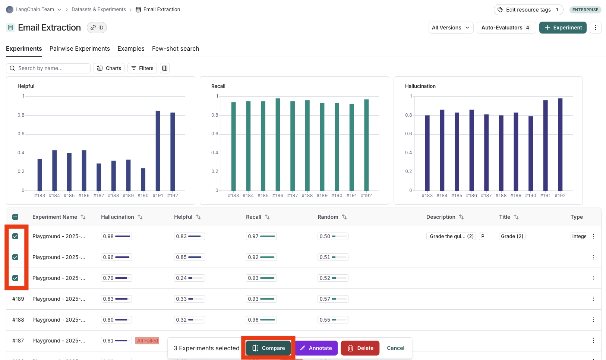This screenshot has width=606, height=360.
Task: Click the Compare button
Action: (x=268, y=348)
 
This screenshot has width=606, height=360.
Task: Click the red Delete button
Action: (x=360, y=348)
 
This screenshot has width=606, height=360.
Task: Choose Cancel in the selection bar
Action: (x=395, y=348)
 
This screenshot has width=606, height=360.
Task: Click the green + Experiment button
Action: (x=563, y=28)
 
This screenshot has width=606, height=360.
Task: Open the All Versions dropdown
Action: (x=451, y=28)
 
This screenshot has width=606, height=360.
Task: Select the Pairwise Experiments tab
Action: (x=80, y=49)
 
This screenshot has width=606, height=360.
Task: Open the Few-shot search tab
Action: (x=176, y=49)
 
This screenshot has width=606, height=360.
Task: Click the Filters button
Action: (x=142, y=68)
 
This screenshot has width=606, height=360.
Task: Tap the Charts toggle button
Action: (x=109, y=68)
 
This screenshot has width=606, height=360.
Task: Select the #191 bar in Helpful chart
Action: (x=158, y=151)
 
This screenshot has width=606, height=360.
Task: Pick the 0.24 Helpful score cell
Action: (x=189, y=278)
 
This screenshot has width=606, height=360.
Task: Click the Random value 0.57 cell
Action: (x=333, y=299)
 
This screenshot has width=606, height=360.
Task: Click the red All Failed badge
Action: (x=147, y=341)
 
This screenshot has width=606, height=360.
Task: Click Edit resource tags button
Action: (x=528, y=10)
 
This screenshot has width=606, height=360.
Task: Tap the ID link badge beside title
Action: (x=97, y=28)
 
